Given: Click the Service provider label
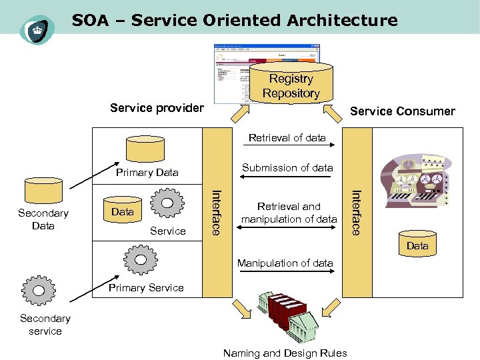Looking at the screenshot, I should tap(157, 108).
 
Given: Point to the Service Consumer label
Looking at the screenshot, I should tap(403, 111).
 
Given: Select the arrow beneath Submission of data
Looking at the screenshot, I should tap(288, 178).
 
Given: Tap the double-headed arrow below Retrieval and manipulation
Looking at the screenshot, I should tap(288, 231).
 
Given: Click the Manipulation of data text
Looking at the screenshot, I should tap(285, 263).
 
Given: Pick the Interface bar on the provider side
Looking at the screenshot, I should tap(215, 211).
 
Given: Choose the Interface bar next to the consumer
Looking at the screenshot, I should tap(356, 211).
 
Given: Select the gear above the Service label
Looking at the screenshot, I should tap(167, 204).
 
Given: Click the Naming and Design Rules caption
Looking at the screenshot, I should tap(285, 353).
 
